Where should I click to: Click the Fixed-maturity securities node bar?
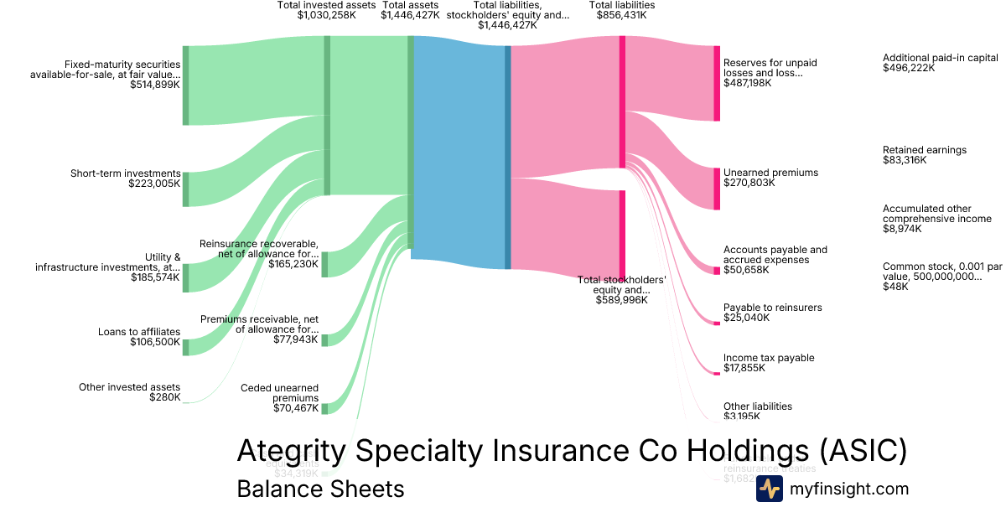click(x=185, y=85)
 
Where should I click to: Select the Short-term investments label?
click(x=126, y=173)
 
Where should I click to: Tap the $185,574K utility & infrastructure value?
click(x=155, y=277)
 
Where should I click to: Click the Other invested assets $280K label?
click(x=130, y=392)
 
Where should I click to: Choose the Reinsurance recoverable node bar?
click(x=324, y=263)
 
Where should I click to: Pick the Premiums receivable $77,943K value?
click(x=296, y=339)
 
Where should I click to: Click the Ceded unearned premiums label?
click(x=279, y=393)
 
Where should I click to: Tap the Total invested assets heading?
click(x=326, y=5)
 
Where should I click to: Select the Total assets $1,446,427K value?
click(x=410, y=15)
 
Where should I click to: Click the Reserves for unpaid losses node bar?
click(x=717, y=83)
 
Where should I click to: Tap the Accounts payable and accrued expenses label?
click(x=775, y=255)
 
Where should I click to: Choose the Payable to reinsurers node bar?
click(x=717, y=323)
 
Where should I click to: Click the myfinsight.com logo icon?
click(x=770, y=489)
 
